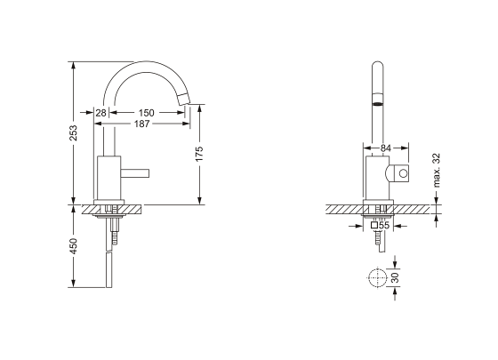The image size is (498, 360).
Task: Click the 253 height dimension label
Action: pos(74,132)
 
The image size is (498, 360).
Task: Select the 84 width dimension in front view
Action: pos(385,148)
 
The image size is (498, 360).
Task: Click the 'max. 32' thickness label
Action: pos(437,171)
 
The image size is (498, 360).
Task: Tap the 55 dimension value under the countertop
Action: pos(384,226)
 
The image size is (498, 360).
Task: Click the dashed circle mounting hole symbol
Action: pos(377,278)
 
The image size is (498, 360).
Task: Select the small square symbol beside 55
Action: pos(374,226)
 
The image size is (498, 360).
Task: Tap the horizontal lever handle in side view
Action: pos(137,169)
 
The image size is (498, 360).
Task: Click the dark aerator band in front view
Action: pos(377,102)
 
